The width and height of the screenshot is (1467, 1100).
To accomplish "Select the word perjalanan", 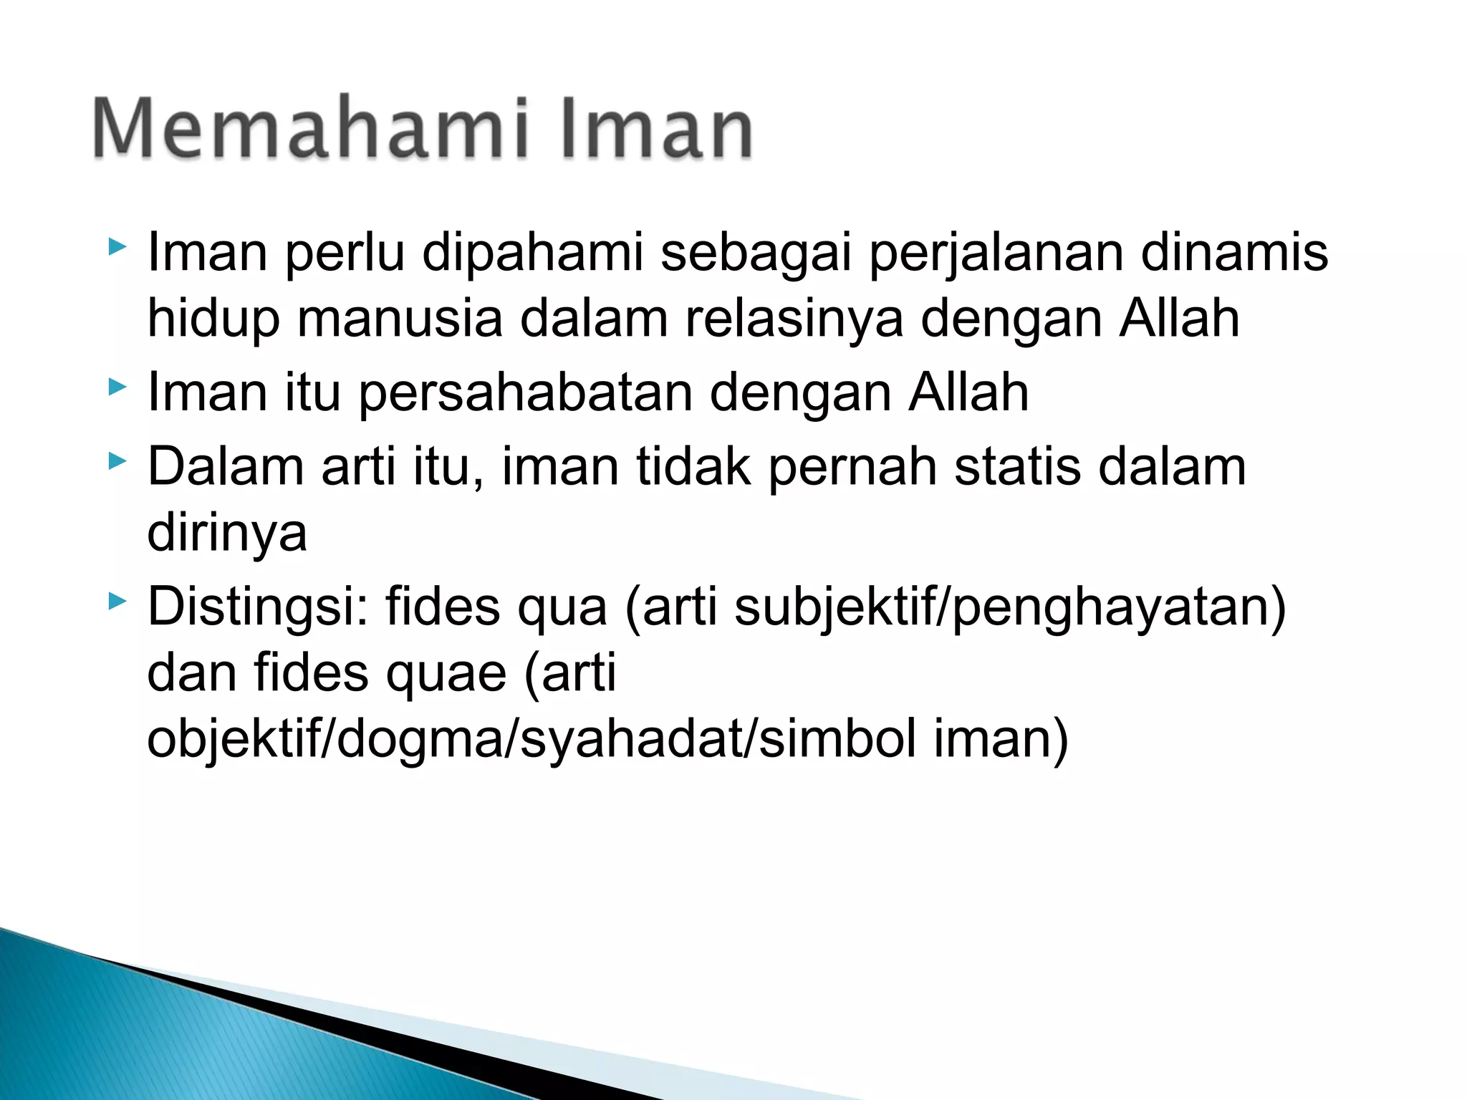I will click(996, 254).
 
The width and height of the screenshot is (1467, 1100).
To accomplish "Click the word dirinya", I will click(227, 534).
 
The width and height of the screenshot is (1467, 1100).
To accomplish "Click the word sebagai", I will click(756, 254).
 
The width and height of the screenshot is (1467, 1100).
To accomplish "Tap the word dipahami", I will click(533, 254).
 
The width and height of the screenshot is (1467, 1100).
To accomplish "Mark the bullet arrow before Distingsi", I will click(117, 601).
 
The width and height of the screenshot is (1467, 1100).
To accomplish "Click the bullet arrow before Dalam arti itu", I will click(117, 460).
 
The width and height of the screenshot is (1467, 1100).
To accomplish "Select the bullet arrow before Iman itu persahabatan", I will click(117, 387).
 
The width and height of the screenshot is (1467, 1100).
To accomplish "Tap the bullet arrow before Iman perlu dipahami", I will click(117, 247).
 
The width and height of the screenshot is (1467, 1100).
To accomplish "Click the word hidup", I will click(213, 320).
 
